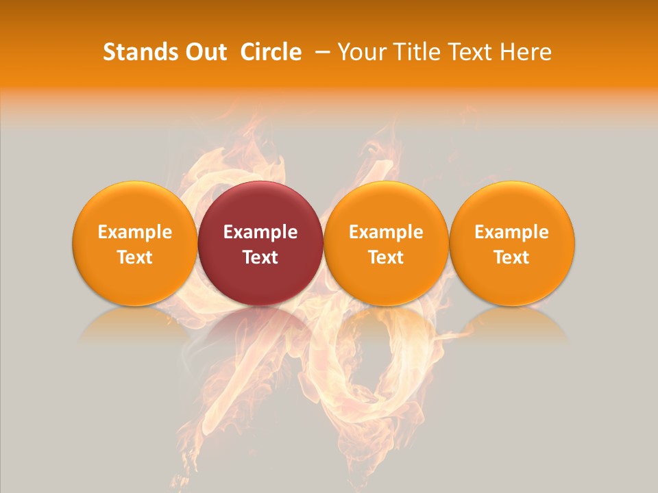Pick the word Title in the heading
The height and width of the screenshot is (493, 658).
click(x=415, y=52)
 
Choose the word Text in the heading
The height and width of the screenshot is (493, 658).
click(x=470, y=52)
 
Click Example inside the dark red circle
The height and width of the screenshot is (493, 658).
click(x=260, y=232)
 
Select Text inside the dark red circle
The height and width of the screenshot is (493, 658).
click(x=260, y=257)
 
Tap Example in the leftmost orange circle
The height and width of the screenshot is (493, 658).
click(x=135, y=232)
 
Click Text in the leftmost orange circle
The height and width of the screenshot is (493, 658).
click(x=135, y=257)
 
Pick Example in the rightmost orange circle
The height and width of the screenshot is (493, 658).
click(x=511, y=232)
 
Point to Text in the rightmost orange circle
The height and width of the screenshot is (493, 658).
click(x=511, y=257)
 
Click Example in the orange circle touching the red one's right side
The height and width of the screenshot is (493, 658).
click(x=386, y=232)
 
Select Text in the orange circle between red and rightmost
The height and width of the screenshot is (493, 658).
click(x=386, y=257)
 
